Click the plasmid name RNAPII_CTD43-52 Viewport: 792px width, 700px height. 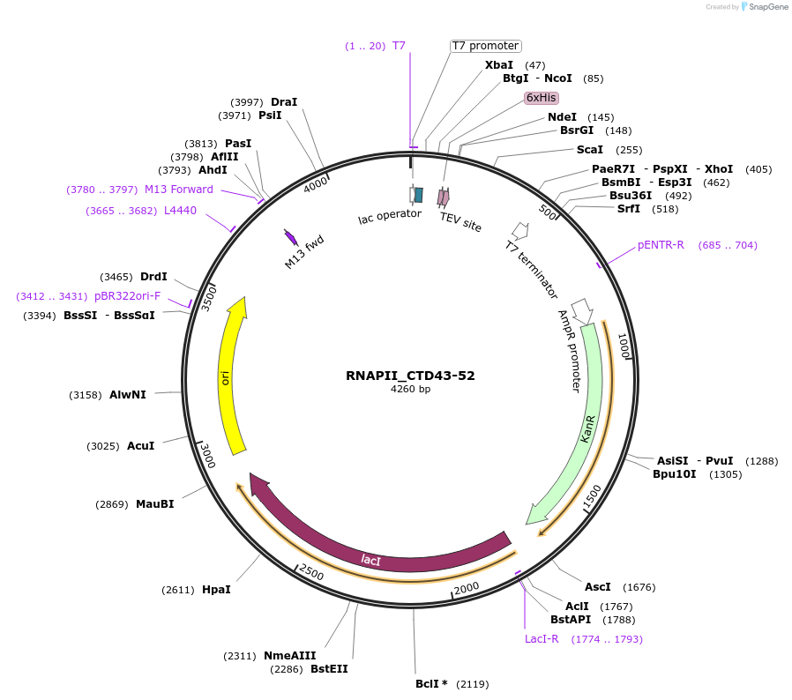coord(410,376)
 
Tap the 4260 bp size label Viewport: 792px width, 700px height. coord(410,389)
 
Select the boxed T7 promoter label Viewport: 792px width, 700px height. coord(485,46)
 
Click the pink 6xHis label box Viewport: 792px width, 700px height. coord(541,98)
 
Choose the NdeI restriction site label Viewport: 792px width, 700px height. coord(562,117)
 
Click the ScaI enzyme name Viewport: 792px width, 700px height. coord(590,150)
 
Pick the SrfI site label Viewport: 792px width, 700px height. coord(629,209)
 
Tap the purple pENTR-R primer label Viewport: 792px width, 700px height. coord(661,245)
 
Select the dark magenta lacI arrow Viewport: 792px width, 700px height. coord(370,555)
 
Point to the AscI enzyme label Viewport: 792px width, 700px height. coord(598,587)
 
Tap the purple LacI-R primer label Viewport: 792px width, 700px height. coord(542,639)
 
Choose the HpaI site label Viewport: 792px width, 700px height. coord(216,590)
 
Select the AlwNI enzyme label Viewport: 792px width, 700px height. coord(128,395)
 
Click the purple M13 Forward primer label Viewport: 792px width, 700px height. coord(179,190)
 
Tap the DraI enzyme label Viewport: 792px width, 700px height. coord(284,102)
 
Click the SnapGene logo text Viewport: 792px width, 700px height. coord(766,7)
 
